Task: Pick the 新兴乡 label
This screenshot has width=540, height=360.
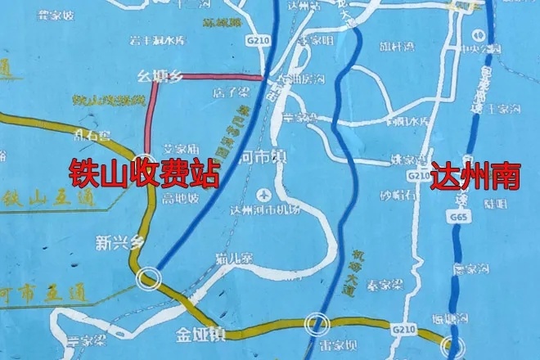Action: tap(119, 242)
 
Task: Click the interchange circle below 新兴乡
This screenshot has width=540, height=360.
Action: tap(148, 277)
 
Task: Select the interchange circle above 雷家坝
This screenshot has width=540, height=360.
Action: tap(315, 325)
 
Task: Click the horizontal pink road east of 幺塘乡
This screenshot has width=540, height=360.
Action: tap(221, 78)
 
